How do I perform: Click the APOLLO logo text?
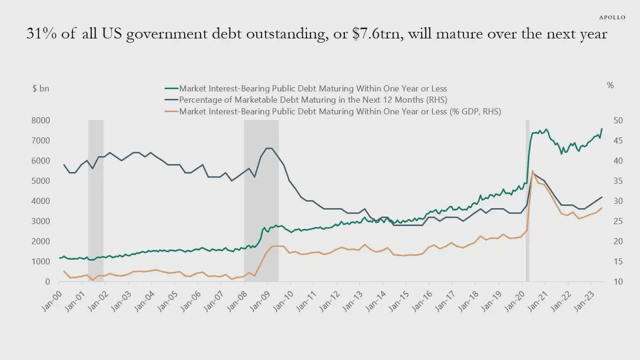click(x=612, y=17)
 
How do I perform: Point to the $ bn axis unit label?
click(x=41, y=88)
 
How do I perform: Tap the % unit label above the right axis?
click(x=610, y=85)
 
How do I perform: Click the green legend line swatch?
click(x=171, y=89)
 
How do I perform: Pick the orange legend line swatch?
click(x=171, y=112)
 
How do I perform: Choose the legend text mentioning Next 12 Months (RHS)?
click(x=313, y=100)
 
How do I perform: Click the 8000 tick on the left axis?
click(x=41, y=120)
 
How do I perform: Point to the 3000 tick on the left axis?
click(x=41, y=221)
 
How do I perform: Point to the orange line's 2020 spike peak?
click(x=532, y=171)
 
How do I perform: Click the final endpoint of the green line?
click(x=602, y=128)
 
